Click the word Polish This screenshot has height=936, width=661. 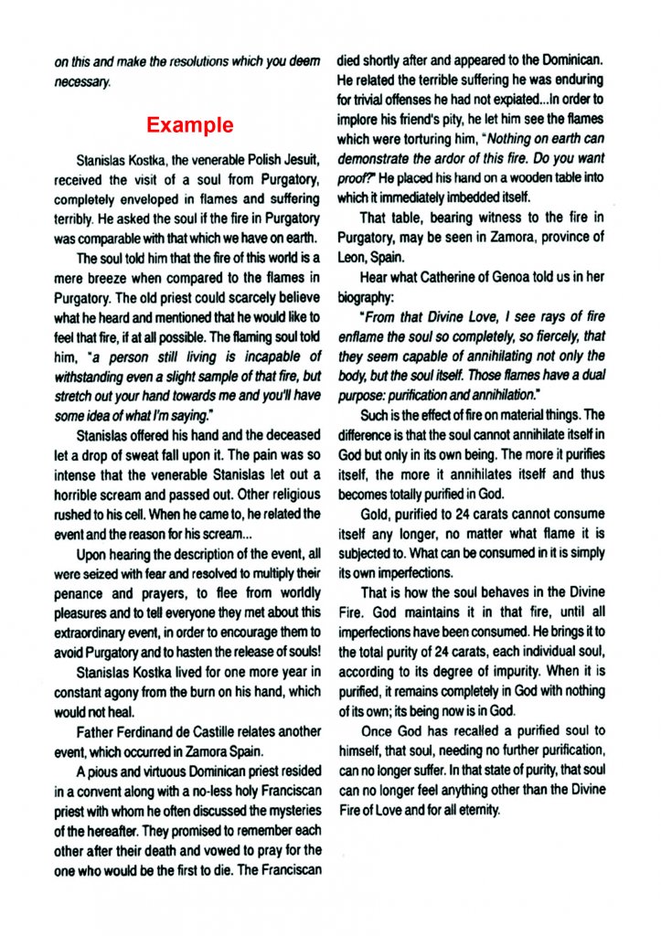(250, 159)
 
